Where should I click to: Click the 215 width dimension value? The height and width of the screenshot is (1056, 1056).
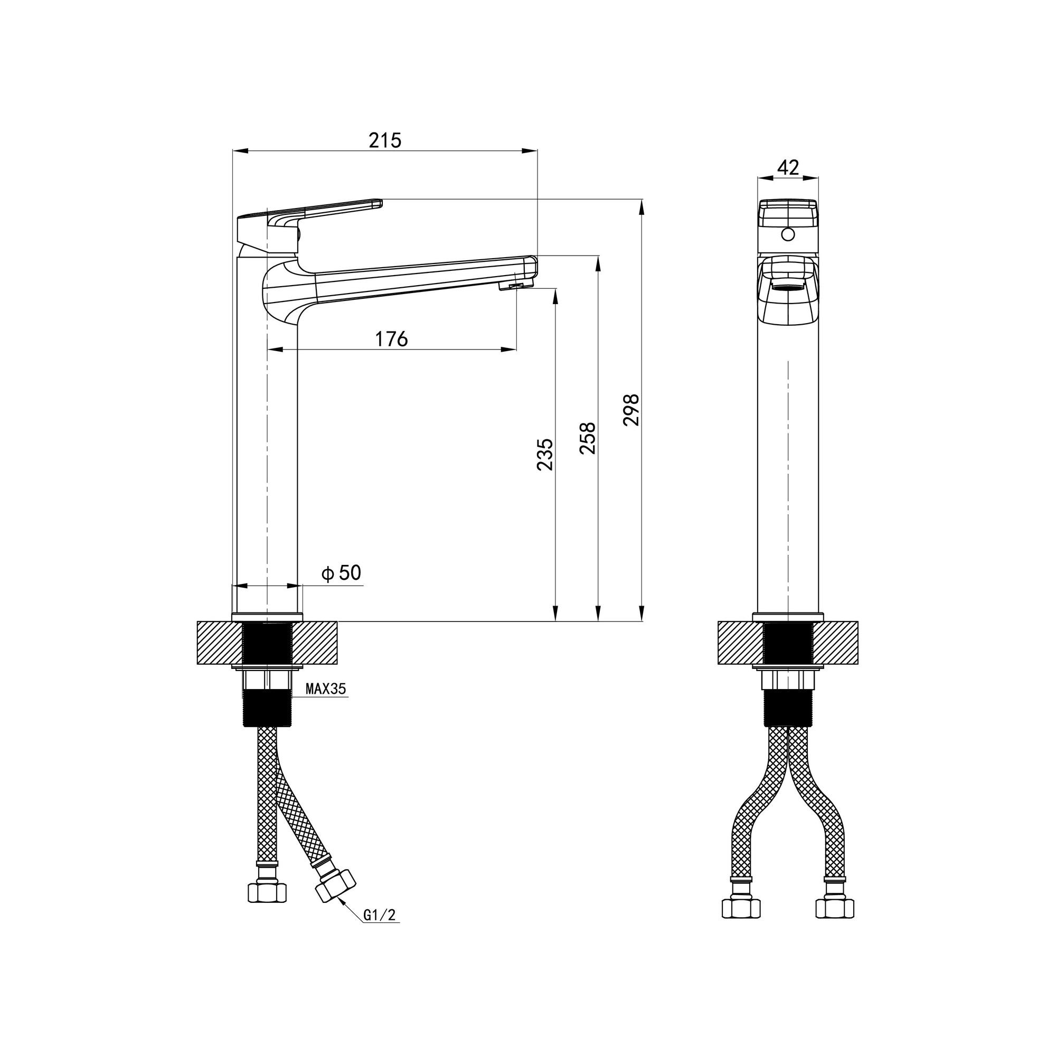(x=385, y=140)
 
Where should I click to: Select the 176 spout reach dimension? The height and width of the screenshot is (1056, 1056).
(x=392, y=339)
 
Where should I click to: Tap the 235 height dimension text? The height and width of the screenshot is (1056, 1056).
(x=545, y=454)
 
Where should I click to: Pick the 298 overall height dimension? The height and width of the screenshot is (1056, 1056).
(x=631, y=410)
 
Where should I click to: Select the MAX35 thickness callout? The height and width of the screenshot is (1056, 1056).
(x=326, y=689)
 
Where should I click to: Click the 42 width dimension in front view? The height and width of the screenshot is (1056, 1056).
(x=788, y=168)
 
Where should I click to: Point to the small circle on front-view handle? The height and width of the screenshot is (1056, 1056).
(x=788, y=234)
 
